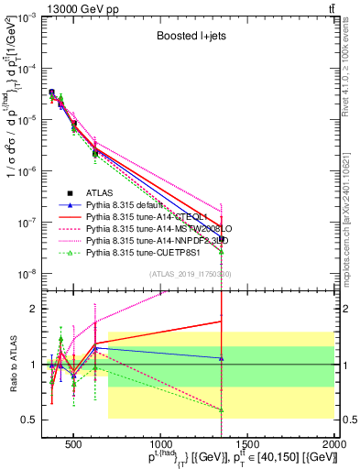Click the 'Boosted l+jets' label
click(x=192, y=37)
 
